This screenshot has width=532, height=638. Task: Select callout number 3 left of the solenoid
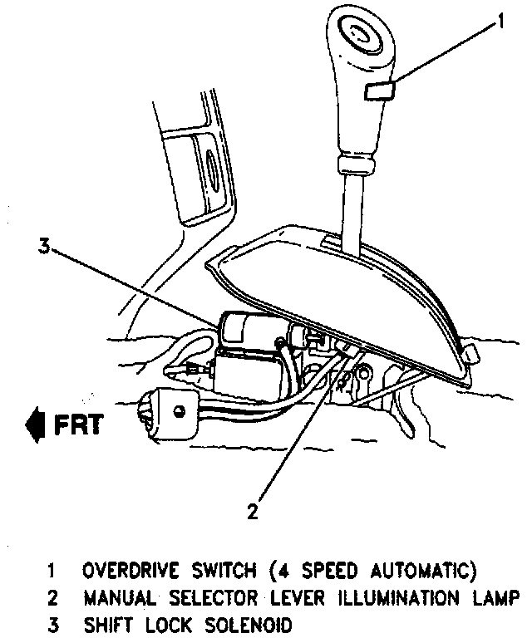tap(43, 245)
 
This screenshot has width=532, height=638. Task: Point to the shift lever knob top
tap(361, 37)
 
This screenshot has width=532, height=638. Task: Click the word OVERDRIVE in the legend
tap(125, 572)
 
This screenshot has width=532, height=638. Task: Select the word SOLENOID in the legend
tap(251, 625)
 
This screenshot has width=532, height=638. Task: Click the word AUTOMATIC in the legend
tap(422, 572)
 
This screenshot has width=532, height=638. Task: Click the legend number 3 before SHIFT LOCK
tap(52, 625)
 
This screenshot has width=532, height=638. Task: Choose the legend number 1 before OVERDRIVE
tap(52, 572)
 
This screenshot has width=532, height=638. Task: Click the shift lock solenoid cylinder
tap(241, 327)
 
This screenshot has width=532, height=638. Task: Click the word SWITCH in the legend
tap(214, 572)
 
